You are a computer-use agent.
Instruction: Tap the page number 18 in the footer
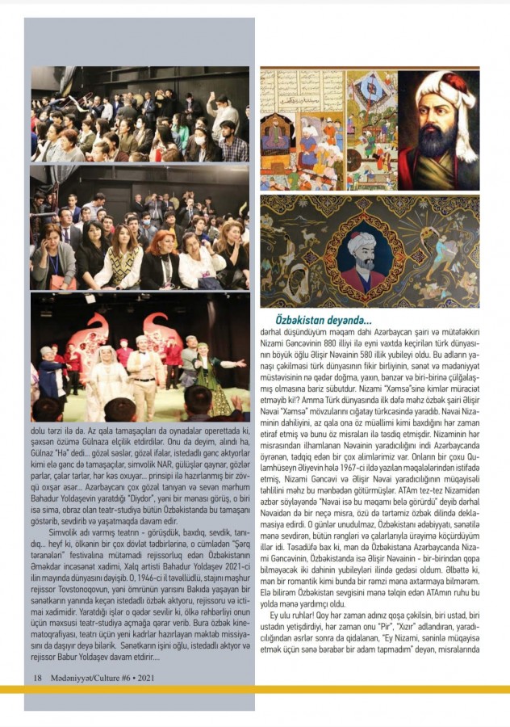point(37,677)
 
